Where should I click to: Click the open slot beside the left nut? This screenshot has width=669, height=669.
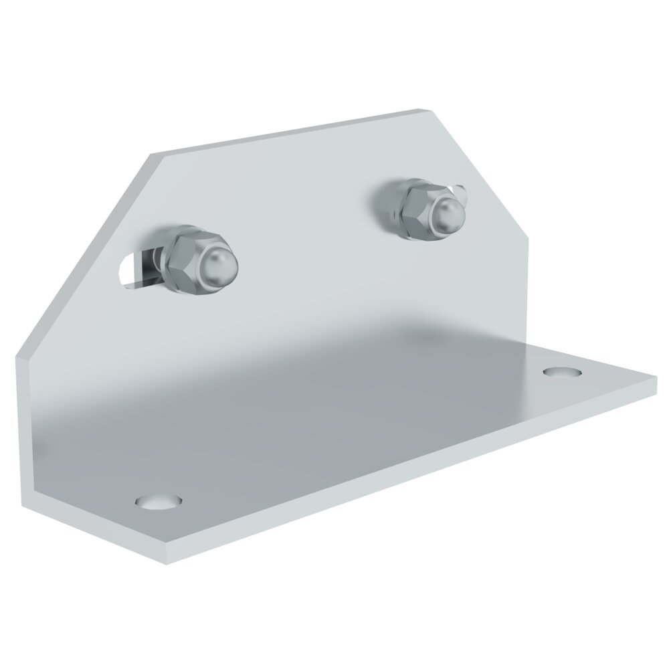(x=130, y=270)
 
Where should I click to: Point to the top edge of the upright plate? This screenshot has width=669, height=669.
(x=288, y=134)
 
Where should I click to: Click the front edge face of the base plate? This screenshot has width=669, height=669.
(x=401, y=482)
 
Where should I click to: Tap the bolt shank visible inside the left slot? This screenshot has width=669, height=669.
(x=143, y=268)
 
